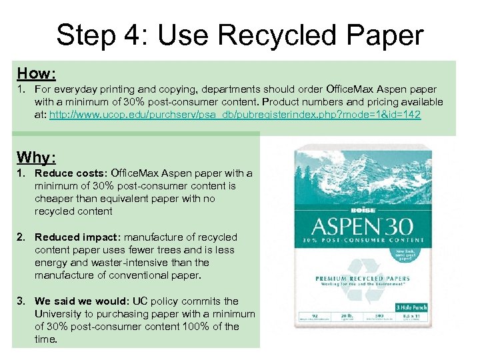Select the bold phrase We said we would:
83,301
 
